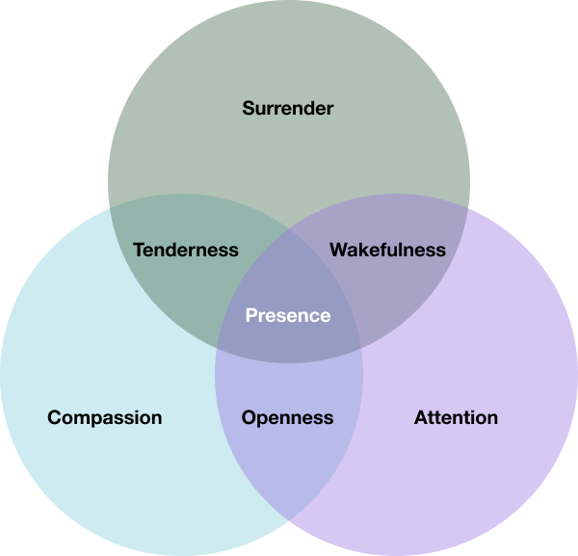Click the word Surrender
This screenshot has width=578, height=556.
click(x=287, y=108)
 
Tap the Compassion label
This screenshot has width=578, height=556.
click(x=104, y=417)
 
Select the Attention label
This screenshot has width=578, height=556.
click(x=456, y=417)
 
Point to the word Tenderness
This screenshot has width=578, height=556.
click(x=185, y=250)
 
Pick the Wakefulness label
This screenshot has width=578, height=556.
click(x=387, y=250)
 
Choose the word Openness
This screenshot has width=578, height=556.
click(x=287, y=417)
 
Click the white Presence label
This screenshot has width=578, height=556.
click(x=287, y=315)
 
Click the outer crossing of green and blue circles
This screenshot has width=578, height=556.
click(x=110, y=206)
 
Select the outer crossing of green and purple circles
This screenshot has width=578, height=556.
click(x=468, y=206)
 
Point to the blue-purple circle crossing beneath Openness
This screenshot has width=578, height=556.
click(x=289, y=521)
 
